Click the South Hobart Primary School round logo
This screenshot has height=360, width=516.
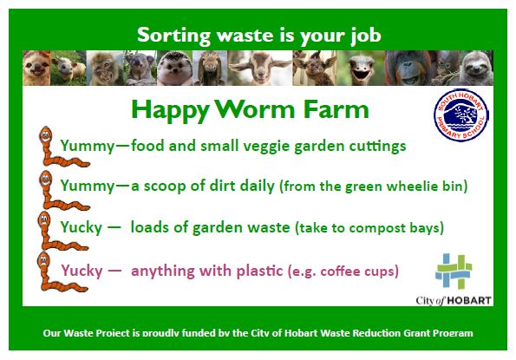tap(460, 119)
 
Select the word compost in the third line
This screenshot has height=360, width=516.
tap(367, 228)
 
